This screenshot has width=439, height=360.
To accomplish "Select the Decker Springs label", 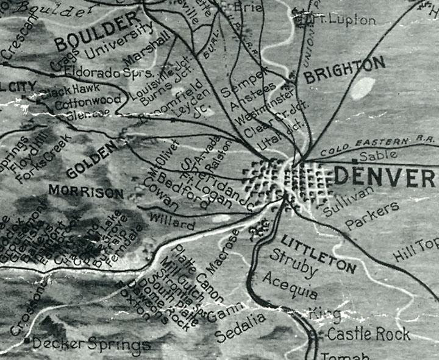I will pyautogui.click(x=91, y=344).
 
